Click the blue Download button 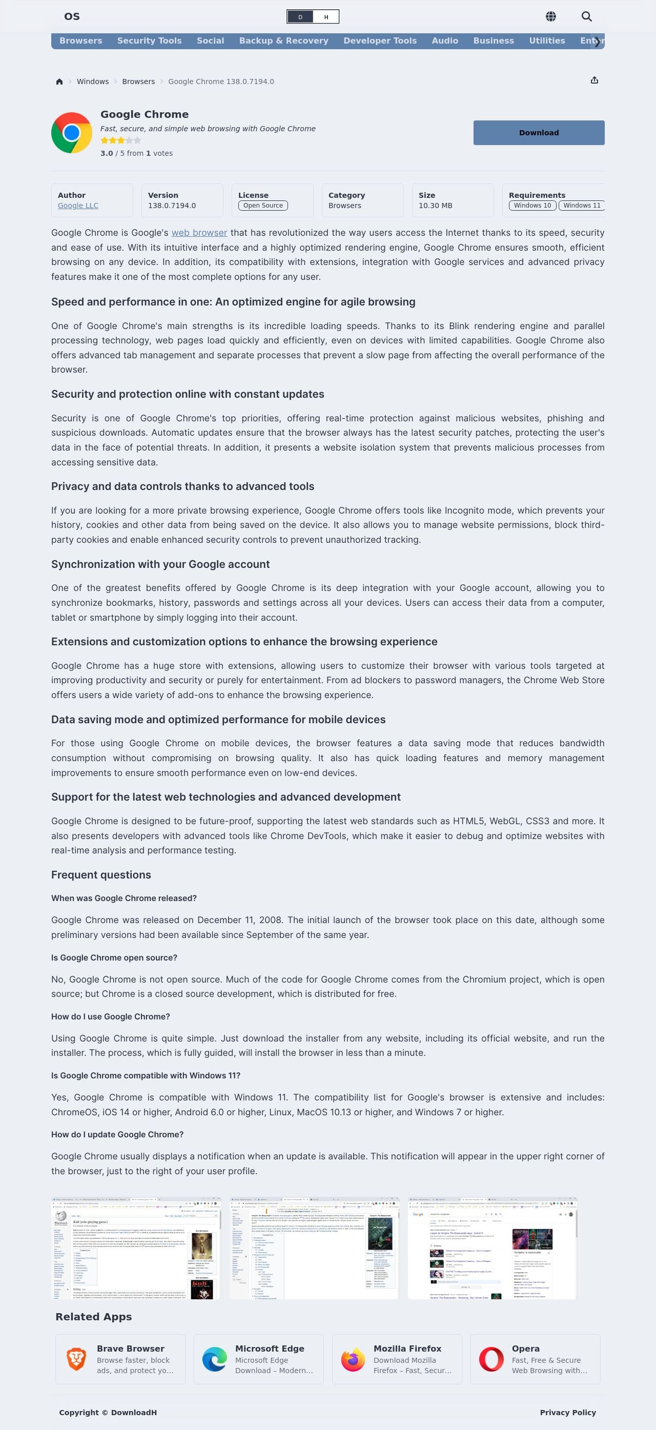538,133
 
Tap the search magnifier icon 586,16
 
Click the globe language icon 550,16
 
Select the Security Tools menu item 149,40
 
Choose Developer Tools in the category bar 380,40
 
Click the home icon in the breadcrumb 59,81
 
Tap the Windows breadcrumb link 93,81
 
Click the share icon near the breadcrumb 594,80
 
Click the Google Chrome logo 72,133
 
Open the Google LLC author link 78,206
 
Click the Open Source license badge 262,206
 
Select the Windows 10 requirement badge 532,206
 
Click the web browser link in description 199,233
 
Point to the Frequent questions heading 101,874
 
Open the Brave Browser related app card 120,1359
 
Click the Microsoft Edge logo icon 214,1359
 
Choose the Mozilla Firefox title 407,1349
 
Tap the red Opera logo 491,1359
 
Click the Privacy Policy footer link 568,1412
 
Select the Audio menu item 444,40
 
